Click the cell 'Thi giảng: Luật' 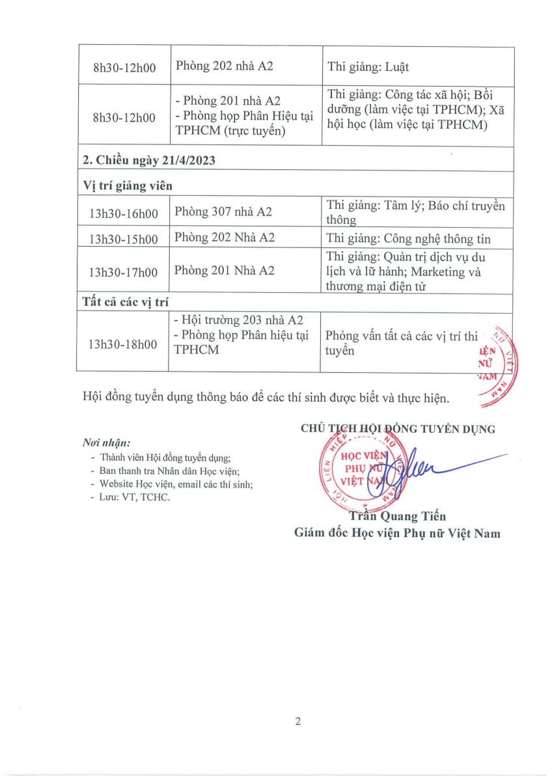pyautogui.click(x=368, y=67)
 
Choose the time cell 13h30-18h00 pyautogui.click(x=123, y=344)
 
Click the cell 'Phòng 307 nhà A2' pyautogui.click(x=223, y=212)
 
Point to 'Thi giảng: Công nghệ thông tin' pyautogui.click(x=409, y=238)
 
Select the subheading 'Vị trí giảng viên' pyautogui.click(x=128, y=185)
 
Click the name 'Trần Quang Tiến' pyautogui.click(x=398, y=517)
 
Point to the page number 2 pyautogui.click(x=298, y=721)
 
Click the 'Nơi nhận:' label pyautogui.click(x=102, y=443)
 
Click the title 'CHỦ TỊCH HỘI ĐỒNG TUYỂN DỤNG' pyautogui.click(x=398, y=429)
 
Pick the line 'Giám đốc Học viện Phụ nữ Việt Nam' pyautogui.click(x=398, y=534)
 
